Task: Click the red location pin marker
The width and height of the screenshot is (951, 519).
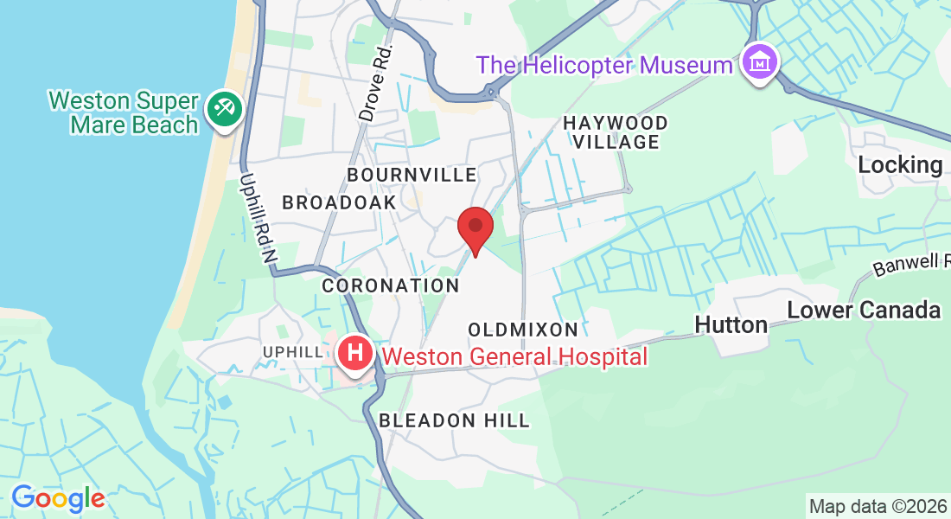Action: (x=475, y=228)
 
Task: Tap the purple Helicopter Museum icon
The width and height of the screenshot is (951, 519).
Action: (x=760, y=63)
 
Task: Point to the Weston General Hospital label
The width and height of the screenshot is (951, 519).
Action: (x=514, y=356)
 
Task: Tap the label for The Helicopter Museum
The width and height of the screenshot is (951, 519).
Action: (x=604, y=65)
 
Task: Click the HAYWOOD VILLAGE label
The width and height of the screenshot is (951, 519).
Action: (x=616, y=132)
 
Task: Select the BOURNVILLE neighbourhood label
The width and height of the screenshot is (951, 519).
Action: (x=412, y=175)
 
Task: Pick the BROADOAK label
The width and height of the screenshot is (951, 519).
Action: (x=339, y=202)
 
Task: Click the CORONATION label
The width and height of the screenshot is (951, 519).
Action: (x=391, y=285)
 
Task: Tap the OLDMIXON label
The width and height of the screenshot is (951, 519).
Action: (x=523, y=330)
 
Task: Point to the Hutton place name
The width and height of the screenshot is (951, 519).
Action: (x=731, y=324)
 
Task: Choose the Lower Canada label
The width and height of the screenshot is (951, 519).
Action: (x=864, y=310)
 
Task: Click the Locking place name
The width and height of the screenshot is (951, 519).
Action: (x=900, y=164)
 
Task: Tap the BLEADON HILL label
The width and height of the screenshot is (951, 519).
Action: (x=454, y=420)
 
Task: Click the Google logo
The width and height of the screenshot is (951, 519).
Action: (x=58, y=498)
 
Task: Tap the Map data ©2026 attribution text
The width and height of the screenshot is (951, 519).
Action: (x=877, y=506)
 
